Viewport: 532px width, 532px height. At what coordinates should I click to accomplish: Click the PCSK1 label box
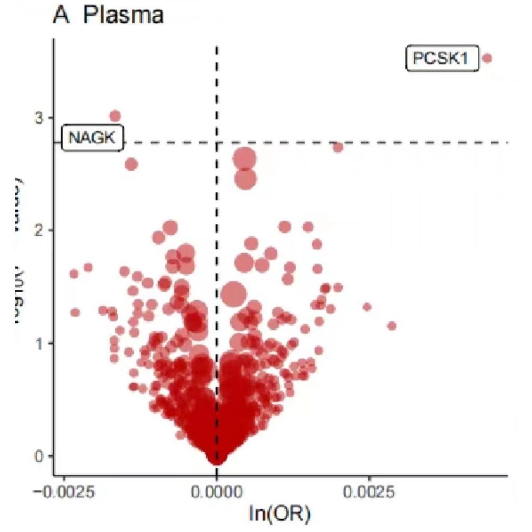442,58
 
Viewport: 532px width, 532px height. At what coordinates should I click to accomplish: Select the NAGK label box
92,138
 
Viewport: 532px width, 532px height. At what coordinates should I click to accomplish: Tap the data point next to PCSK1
487,58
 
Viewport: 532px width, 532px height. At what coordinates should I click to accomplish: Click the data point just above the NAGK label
115,116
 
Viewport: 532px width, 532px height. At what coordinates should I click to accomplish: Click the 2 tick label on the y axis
39,230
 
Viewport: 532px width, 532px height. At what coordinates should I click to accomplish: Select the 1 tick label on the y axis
39,343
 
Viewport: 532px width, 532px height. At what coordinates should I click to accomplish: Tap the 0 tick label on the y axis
39,456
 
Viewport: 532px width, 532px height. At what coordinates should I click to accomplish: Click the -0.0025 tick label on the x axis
64,492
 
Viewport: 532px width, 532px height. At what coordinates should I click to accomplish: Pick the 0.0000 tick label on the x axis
216,492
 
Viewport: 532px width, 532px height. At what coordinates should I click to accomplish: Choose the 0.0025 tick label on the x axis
369,492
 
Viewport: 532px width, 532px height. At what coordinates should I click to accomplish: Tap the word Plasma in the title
123,16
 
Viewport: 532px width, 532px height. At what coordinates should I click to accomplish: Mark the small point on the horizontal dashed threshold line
338,147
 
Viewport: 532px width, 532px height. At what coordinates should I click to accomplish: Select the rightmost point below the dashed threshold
392,326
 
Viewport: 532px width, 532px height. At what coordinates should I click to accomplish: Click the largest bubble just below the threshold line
244,159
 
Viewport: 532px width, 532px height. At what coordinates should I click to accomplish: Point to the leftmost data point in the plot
74,274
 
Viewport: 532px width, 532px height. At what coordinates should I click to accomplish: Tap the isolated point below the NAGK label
131,164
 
